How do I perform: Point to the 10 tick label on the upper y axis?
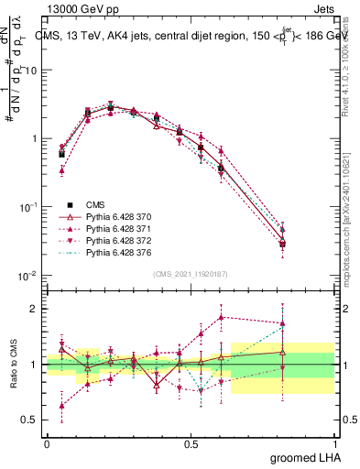[31, 71]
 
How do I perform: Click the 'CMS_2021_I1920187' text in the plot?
[190, 273]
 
